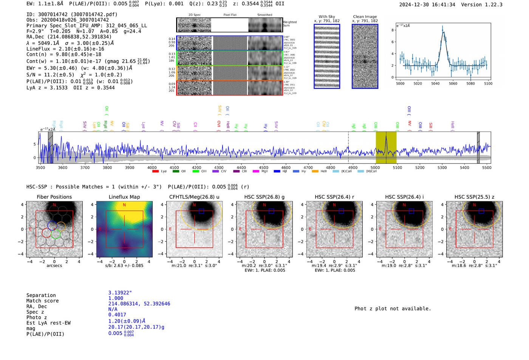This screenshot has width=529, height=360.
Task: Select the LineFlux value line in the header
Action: (65, 49)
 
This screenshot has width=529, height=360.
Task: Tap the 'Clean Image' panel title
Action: (365, 17)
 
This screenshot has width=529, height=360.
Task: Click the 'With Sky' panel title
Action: (327, 17)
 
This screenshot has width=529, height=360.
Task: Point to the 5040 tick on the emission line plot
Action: (435, 83)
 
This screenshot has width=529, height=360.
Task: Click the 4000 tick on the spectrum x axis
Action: (152, 167)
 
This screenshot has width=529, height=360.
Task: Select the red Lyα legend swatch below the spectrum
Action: (155, 171)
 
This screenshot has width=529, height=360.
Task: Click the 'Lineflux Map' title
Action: (124, 197)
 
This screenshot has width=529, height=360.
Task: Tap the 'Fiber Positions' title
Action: (54, 197)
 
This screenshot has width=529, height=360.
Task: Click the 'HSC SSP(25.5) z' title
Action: (474, 197)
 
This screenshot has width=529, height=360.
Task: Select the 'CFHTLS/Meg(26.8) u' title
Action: (194, 197)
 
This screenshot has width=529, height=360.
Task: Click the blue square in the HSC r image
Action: (341, 211)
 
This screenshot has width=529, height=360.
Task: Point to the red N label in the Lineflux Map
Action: (124, 205)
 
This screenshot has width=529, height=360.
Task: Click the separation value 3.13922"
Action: (120, 293)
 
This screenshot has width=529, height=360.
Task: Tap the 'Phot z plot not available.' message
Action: (393, 309)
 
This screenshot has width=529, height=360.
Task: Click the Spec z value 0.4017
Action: (117, 315)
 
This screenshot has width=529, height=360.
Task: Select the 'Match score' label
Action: (42, 301)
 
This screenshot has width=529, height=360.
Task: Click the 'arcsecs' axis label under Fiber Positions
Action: (54, 266)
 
